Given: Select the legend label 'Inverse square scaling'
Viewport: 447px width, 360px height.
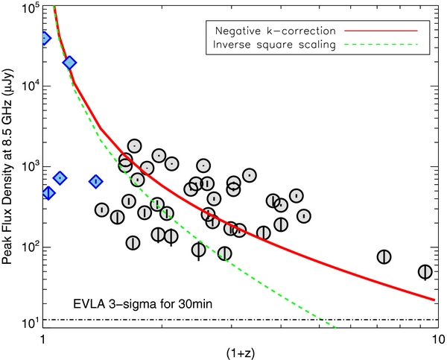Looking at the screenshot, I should [277, 45].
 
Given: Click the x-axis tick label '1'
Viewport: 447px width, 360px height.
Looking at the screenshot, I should [42, 339].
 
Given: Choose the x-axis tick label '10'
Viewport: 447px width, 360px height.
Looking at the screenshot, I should [434, 339].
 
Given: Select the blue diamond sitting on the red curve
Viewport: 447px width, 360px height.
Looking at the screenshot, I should [69, 63].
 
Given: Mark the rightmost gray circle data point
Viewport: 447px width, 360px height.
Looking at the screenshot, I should [425, 272].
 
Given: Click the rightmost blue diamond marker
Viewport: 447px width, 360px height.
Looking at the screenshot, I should [96, 181].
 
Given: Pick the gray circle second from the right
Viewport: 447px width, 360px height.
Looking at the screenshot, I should [384, 256].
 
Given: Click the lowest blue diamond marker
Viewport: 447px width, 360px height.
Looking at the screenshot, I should [48, 193].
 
